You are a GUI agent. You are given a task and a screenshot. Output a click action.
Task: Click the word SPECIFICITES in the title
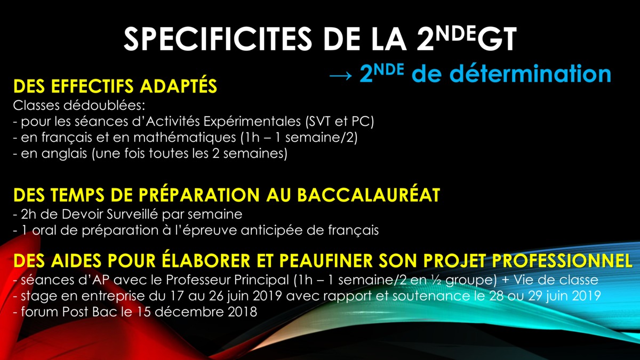[x=218, y=39]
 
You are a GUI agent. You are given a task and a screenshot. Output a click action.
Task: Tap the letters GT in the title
[x=497, y=39]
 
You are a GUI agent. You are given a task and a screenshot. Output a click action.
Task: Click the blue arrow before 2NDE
[x=341, y=75]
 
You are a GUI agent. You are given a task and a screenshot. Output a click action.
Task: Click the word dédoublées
[x=104, y=106]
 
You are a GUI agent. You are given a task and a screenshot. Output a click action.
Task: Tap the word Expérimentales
[x=252, y=122]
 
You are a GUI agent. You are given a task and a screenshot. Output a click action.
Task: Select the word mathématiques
[x=185, y=138]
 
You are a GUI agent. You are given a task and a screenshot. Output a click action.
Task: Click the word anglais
[x=64, y=154]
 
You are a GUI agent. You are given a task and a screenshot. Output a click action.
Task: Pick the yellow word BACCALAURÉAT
[x=369, y=195]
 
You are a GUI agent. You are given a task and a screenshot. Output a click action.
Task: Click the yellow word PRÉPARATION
[x=199, y=195]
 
